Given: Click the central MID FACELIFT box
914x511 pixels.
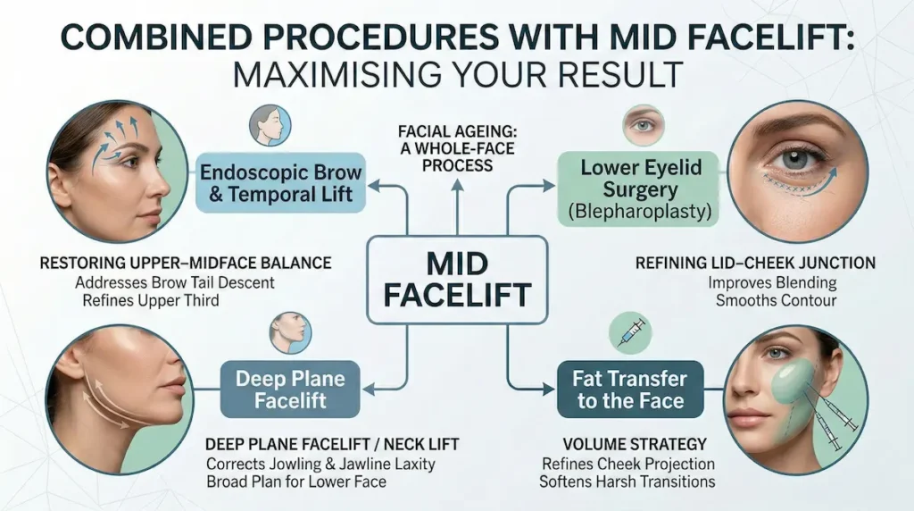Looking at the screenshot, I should (x=457, y=279).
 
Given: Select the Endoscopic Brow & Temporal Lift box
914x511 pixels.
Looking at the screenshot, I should (x=281, y=182).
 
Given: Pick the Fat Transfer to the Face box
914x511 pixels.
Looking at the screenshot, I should (x=629, y=390).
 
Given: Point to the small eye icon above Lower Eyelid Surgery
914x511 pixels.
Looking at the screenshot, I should (x=643, y=126).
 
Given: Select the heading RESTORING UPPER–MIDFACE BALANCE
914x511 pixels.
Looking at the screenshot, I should (x=186, y=264).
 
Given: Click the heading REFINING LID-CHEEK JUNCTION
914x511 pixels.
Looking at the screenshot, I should (x=755, y=264).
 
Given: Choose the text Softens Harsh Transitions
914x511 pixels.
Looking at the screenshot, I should (x=627, y=482).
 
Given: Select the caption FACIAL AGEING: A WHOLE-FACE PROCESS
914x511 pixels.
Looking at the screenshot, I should (x=456, y=148).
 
